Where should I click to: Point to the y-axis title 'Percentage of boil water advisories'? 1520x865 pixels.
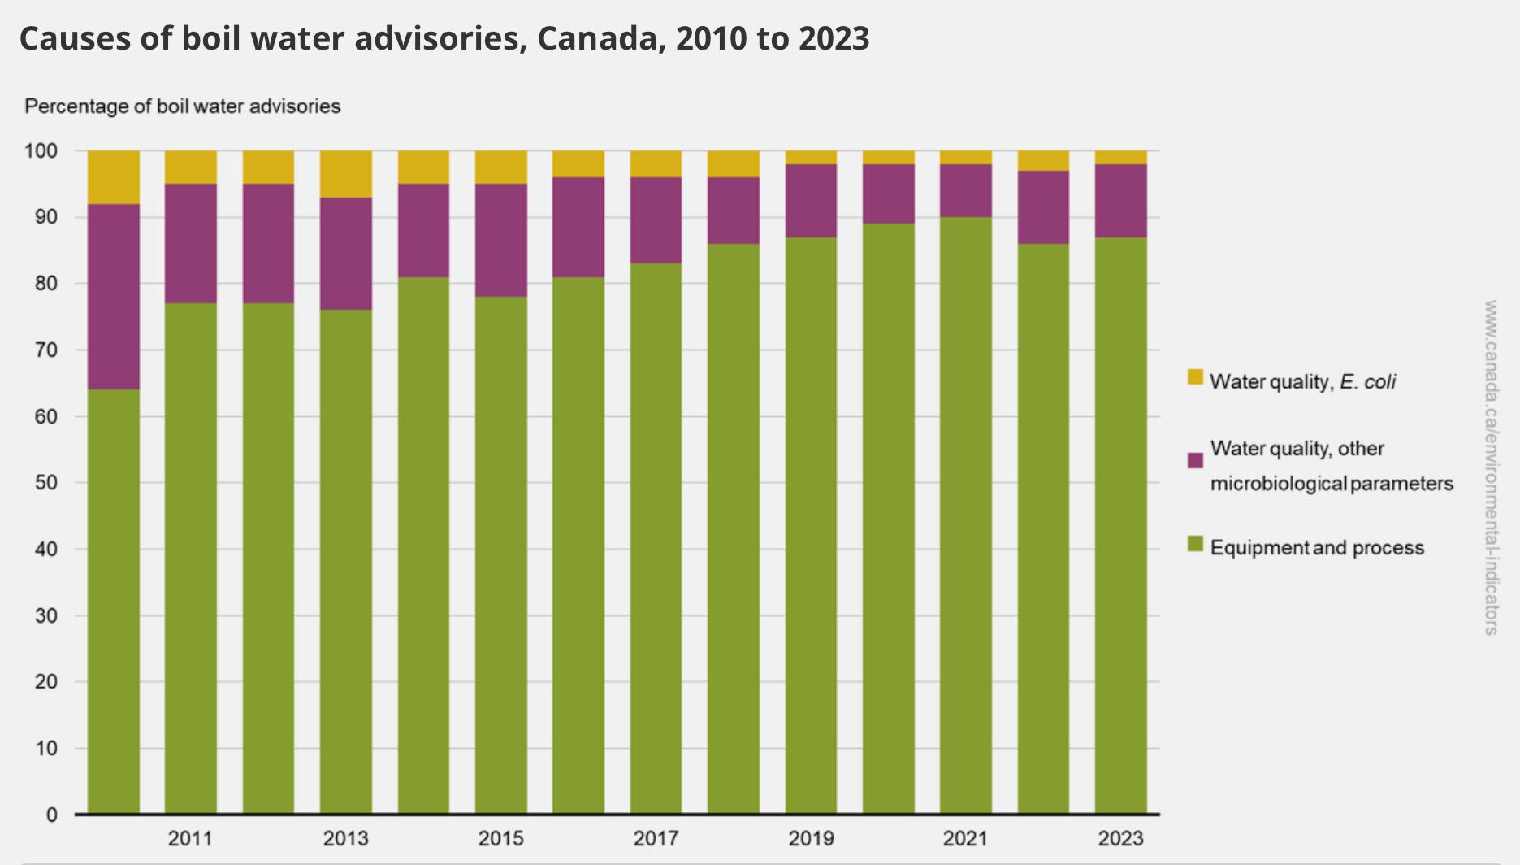click(183, 106)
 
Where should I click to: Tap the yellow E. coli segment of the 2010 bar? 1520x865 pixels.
click(114, 177)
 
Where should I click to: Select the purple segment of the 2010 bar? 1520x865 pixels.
click(114, 297)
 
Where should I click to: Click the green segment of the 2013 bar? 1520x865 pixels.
click(346, 562)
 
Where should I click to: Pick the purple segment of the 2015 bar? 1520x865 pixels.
click(501, 240)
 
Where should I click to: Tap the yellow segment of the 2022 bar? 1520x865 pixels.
click(1043, 160)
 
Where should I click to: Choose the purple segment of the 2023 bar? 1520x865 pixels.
click(1121, 201)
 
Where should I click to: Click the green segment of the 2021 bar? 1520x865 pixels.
click(966, 515)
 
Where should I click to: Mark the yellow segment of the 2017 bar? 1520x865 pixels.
click(656, 163)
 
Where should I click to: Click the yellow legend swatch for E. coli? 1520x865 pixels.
click(1195, 377)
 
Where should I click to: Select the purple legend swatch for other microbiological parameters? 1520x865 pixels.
click(1195, 460)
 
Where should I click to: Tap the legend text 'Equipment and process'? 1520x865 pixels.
click(1317, 548)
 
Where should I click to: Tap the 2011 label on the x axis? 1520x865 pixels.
click(190, 838)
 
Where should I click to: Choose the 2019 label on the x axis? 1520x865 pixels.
click(811, 838)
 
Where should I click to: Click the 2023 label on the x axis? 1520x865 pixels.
click(1121, 838)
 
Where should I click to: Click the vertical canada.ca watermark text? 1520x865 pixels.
click(1491, 467)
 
